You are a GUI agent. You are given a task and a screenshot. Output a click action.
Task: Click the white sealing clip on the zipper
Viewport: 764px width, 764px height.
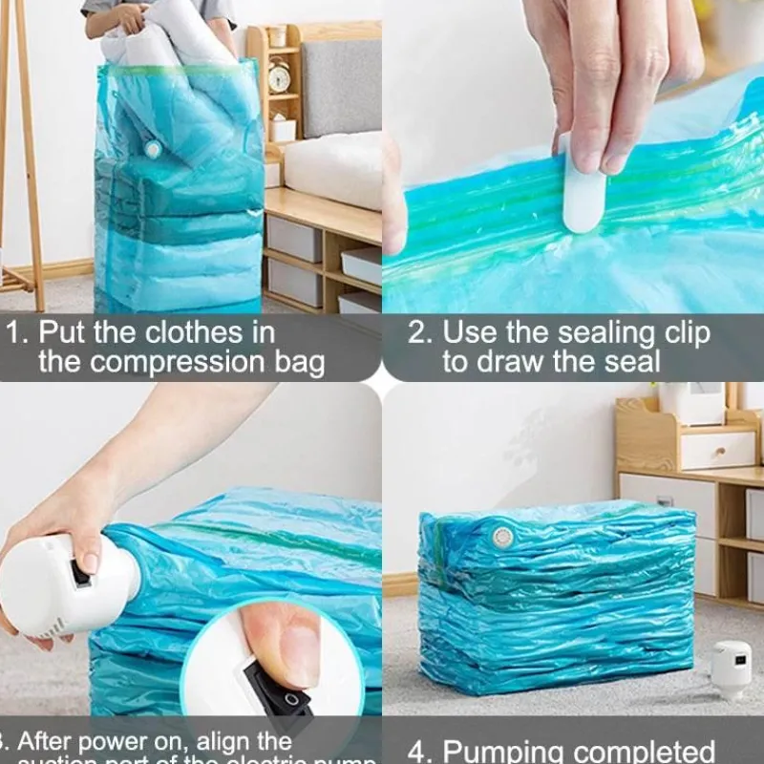coord(584,196)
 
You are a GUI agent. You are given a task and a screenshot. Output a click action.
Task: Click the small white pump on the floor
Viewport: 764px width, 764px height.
coord(731,669)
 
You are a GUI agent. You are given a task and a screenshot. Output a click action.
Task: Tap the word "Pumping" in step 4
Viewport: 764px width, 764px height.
coord(503,751)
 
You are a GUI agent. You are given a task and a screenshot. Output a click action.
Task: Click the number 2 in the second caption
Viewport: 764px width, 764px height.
coord(419,333)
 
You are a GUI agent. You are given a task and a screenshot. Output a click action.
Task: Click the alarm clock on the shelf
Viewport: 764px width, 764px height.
coord(279,76)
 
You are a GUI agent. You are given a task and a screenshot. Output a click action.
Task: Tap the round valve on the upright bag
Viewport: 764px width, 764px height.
coord(153,149)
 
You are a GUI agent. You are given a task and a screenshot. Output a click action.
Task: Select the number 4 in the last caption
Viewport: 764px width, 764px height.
coord(416,751)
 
